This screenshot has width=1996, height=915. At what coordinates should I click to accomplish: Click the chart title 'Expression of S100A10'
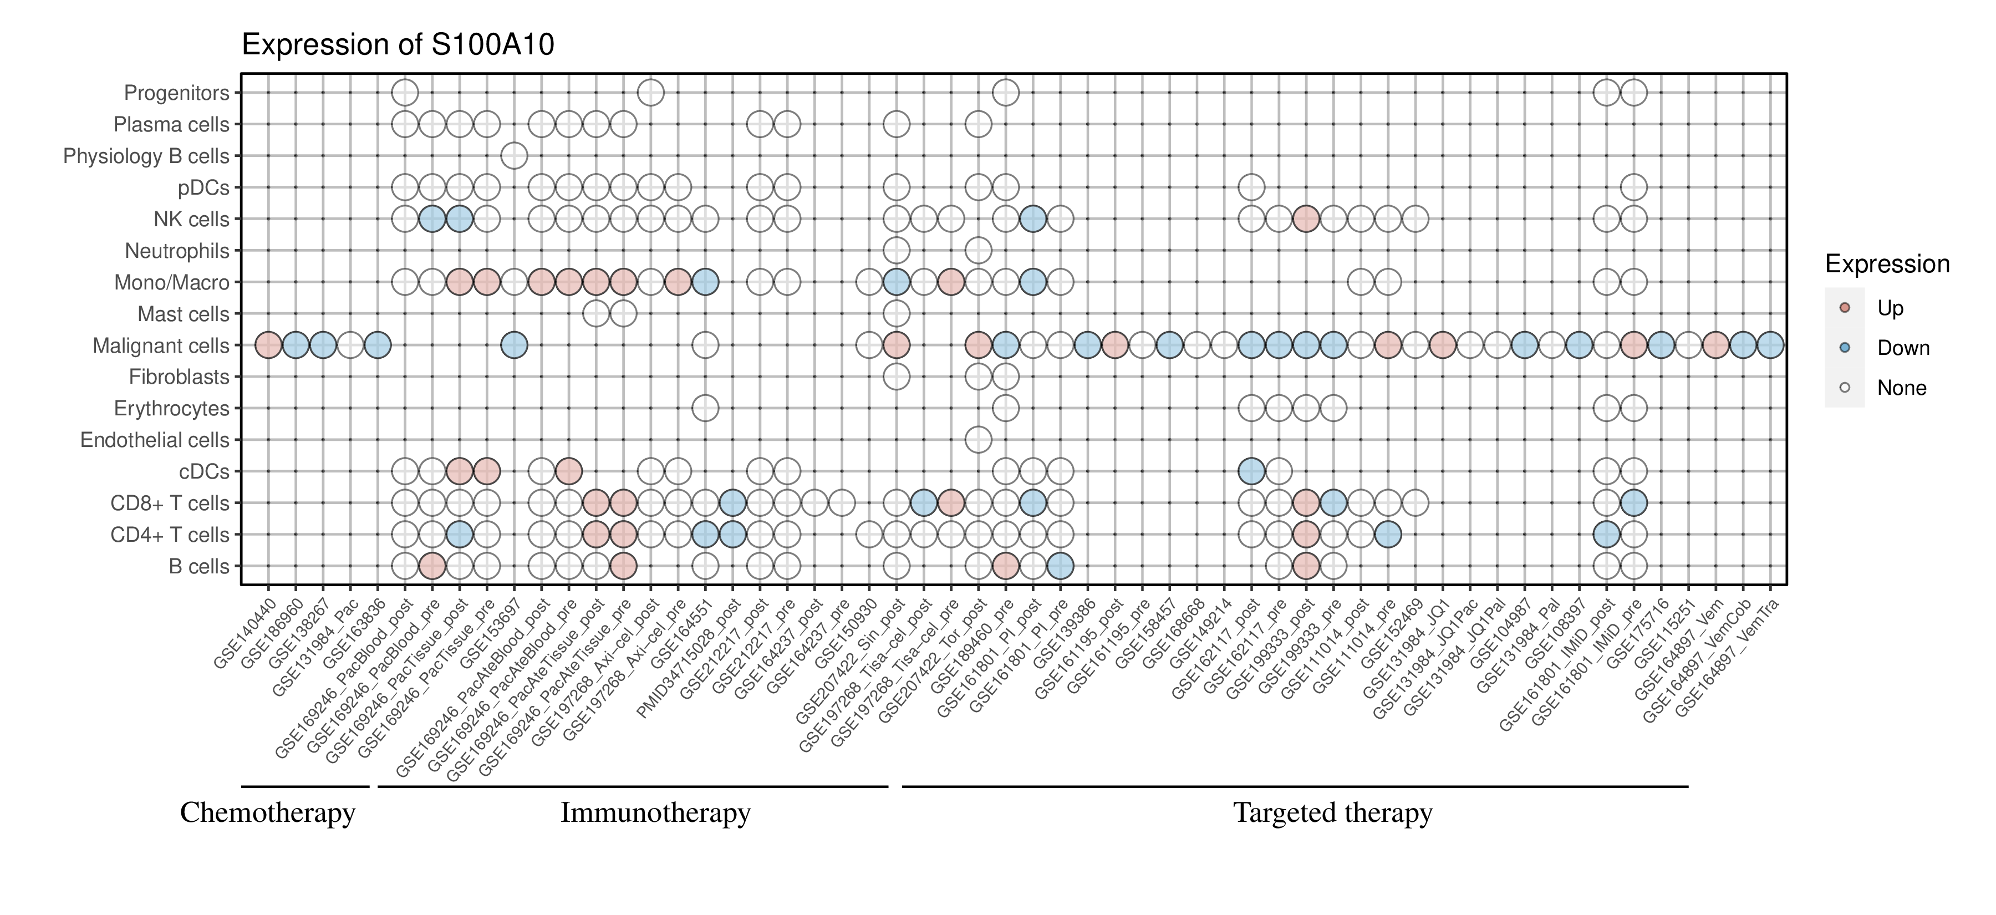click(x=398, y=45)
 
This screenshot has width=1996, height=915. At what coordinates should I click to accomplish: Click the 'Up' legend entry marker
click(x=1845, y=308)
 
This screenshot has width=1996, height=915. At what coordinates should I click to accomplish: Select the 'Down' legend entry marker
click(x=1845, y=348)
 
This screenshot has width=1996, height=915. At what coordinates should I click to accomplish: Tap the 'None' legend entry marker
click(x=1845, y=388)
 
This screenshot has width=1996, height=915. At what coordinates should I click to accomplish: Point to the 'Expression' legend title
click(x=1887, y=264)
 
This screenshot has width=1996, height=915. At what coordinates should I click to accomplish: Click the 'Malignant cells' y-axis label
click(x=161, y=345)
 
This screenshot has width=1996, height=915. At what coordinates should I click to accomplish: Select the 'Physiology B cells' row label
click(x=146, y=156)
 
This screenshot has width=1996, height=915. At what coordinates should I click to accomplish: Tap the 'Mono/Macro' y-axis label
click(x=172, y=283)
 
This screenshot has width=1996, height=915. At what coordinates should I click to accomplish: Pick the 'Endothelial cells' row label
click(x=155, y=440)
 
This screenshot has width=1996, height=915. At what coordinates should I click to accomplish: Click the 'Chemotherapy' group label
click(x=267, y=813)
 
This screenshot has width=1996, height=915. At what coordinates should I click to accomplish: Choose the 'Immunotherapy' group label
click(x=655, y=813)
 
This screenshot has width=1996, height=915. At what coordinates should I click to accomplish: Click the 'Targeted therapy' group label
click(x=1333, y=813)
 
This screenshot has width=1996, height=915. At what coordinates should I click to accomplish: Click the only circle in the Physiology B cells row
click(x=515, y=156)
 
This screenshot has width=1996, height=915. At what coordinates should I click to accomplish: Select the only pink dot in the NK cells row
click(x=1306, y=219)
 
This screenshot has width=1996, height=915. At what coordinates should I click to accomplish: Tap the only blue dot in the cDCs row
click(x=1251, y=471)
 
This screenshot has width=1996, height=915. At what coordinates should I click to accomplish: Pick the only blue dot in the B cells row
click(x=1060, y=566)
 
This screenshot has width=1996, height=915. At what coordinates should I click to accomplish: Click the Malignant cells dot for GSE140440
click(x=268, y=345)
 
